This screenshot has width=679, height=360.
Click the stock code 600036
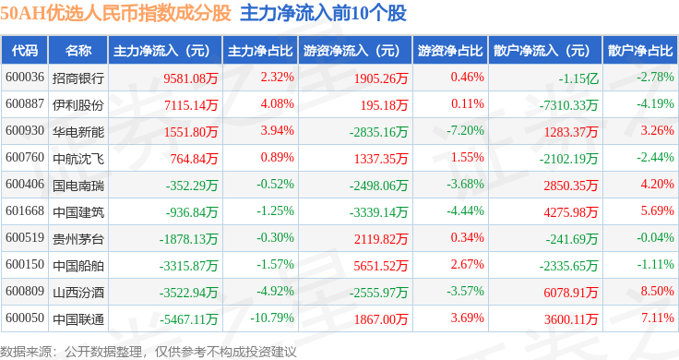(25, 78)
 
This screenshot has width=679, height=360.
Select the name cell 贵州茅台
(78, 239)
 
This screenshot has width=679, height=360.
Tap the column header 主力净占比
(260, 51)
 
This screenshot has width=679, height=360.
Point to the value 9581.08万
(191, 78)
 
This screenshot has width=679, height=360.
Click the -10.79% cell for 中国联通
(272, 318)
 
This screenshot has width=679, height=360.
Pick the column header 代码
(25, 51)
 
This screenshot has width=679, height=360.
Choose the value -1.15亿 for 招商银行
(578, 78)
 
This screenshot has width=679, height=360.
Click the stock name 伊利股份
(78, 105)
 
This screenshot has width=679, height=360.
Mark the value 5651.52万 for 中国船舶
(381, 266)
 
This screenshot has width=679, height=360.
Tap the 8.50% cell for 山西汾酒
(658, 291)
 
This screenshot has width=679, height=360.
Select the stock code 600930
(25, 130)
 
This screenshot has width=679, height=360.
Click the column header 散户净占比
(640, 51)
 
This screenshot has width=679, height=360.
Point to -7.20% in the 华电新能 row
(466, 130)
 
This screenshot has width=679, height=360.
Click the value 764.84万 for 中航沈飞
(194, 159)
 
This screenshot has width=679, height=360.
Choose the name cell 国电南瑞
(78, 186)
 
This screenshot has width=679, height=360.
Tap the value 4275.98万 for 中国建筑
(571, 212)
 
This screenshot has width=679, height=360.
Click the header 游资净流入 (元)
(351, 51)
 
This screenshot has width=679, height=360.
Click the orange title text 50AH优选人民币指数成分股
(115, 13)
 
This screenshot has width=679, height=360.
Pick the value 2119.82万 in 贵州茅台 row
(381, 239)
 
